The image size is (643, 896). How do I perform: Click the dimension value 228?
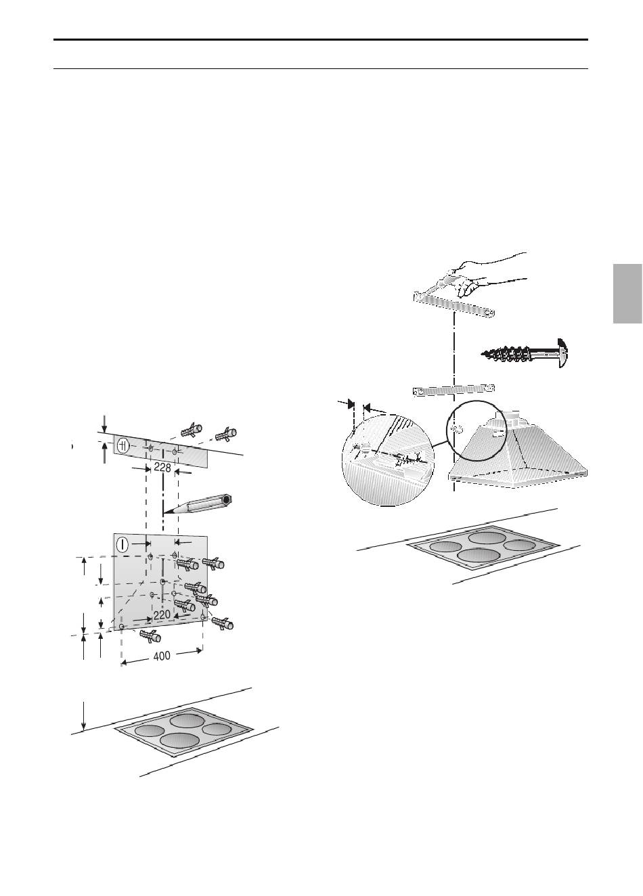point(162,468)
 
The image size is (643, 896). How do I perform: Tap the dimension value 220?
point(162,614)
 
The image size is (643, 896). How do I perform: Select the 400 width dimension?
point(162,656)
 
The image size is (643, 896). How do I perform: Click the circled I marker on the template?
point(123,544)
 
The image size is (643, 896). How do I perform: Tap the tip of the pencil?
point(163,513)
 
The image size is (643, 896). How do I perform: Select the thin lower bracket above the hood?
point(453,389)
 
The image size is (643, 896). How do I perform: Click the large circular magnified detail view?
point(388,458)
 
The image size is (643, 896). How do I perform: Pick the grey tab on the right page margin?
point(627,294)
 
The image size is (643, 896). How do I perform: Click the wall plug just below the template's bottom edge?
point(150,635)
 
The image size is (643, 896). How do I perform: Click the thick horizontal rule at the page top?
point(321,40)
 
